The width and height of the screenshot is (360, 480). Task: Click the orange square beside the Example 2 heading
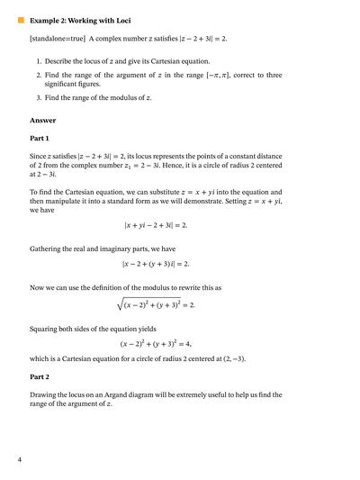[21, 19]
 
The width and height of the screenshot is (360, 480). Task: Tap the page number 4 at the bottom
[20, 459]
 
